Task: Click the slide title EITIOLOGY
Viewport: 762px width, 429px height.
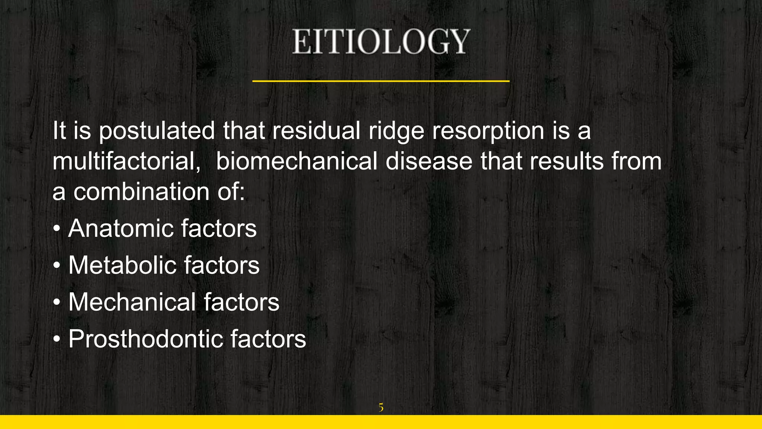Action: tap(381, 42)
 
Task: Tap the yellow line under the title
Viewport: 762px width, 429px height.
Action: tap(381, 81)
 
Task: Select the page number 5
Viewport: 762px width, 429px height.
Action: tap(381, 407)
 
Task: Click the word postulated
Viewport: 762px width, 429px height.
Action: tap(157, 131)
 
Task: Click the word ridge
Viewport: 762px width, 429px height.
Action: tap(396, 131)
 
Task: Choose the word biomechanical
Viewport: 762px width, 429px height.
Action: tap(297, 162)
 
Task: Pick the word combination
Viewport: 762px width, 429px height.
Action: tap(141, 192)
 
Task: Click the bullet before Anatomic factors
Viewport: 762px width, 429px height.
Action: tap(56, 229)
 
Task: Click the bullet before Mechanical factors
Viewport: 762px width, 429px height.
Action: tap(56, 302)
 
